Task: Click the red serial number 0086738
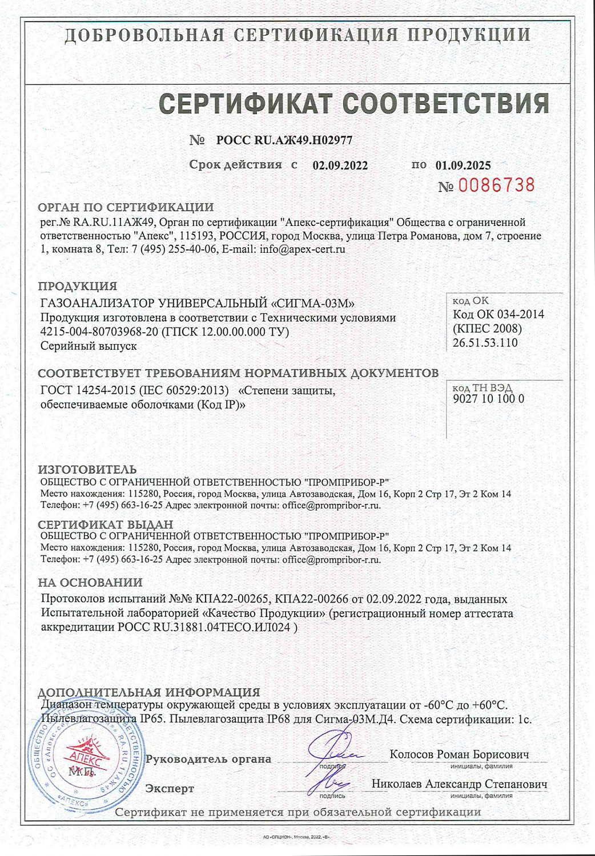pyautogui.click(x=496, y=185)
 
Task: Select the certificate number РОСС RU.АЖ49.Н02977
pyautogui.click(x=284, y=140)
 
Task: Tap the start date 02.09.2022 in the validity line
pyautogui.click(x=340, y=165)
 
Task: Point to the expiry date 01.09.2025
pyautogui.click(x=463, y=165)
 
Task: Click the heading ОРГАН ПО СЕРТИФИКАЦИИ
pyautogui.click(x=126, y=208)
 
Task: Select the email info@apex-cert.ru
pyautogui.click(x=302, y=249)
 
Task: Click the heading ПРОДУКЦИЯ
pyautogui.click(x=77, y=286)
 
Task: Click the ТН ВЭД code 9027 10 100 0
pyautogui.click(x=488, y=399)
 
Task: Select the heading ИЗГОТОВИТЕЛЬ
pyautogui.click(x=87, y=470)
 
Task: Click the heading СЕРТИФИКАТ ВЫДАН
pyautogui.click(x=105, y=524)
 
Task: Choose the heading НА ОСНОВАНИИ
pyautogui.click(x=90, y=583)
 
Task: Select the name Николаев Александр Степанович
pyautogui.click(x=459, y=784)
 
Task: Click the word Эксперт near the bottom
pyautogui.click(x=170, y=789)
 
